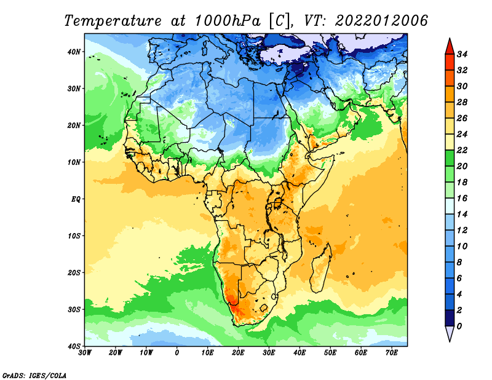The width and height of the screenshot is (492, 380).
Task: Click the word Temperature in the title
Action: pos(113,21)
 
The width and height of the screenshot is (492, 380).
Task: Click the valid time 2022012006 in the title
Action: pos(381,21)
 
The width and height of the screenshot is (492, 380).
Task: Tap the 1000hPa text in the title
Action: pos(228,21)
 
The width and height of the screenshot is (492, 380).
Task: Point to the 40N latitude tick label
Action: pos(74,52)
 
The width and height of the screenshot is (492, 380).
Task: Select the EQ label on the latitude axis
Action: pos(76,199)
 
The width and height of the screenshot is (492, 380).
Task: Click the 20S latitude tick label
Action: pos(74,272)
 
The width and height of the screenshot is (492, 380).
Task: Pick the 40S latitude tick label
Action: pos(74,346)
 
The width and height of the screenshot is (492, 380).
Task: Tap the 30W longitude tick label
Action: pos(85,353)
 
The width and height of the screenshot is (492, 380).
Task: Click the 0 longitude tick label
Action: pos(177,353)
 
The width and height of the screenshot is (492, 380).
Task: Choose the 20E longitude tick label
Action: pos(238,353)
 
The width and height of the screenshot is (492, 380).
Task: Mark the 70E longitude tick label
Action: pos(392,353)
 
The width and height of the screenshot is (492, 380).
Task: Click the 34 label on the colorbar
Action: pos(462,54)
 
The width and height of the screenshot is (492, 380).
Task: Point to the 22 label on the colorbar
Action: pos(462,150)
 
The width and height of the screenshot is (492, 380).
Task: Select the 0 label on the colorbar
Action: pos(459,327)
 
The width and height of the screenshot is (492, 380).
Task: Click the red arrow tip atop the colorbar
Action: pos(450,39)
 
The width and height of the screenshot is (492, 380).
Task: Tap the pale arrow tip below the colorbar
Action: pos(450,341)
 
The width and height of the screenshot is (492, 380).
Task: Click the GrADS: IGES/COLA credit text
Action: pos(34,376)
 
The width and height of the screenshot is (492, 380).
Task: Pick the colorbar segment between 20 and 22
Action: pos(450,158)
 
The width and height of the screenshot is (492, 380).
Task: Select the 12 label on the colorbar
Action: pos(462,231)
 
